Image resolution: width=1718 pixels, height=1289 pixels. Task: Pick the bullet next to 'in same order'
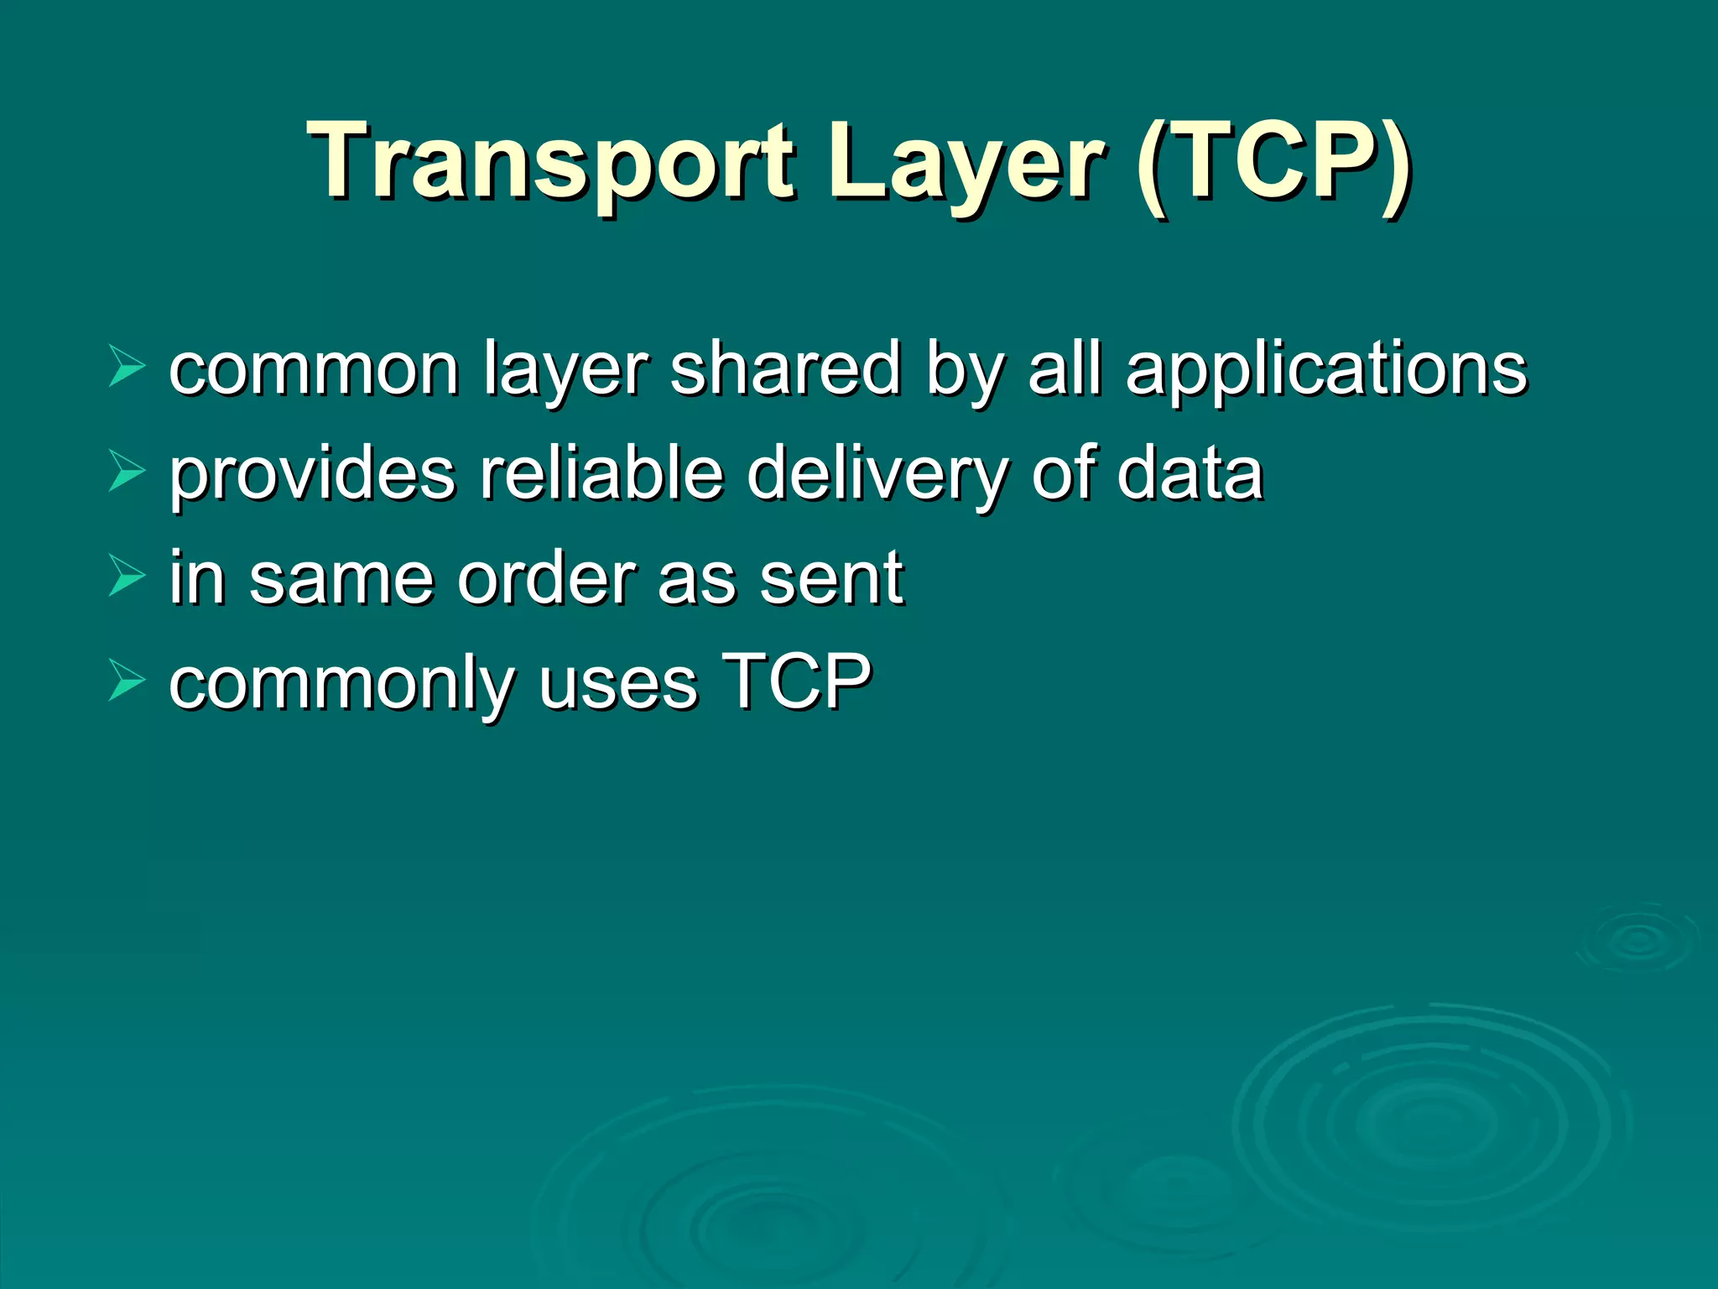[127, 577]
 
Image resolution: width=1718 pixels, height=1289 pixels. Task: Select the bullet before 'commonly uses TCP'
[127, 681]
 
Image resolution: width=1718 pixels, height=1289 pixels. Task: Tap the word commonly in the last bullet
[340, 684]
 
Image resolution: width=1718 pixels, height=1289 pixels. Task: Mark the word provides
[313, 474]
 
